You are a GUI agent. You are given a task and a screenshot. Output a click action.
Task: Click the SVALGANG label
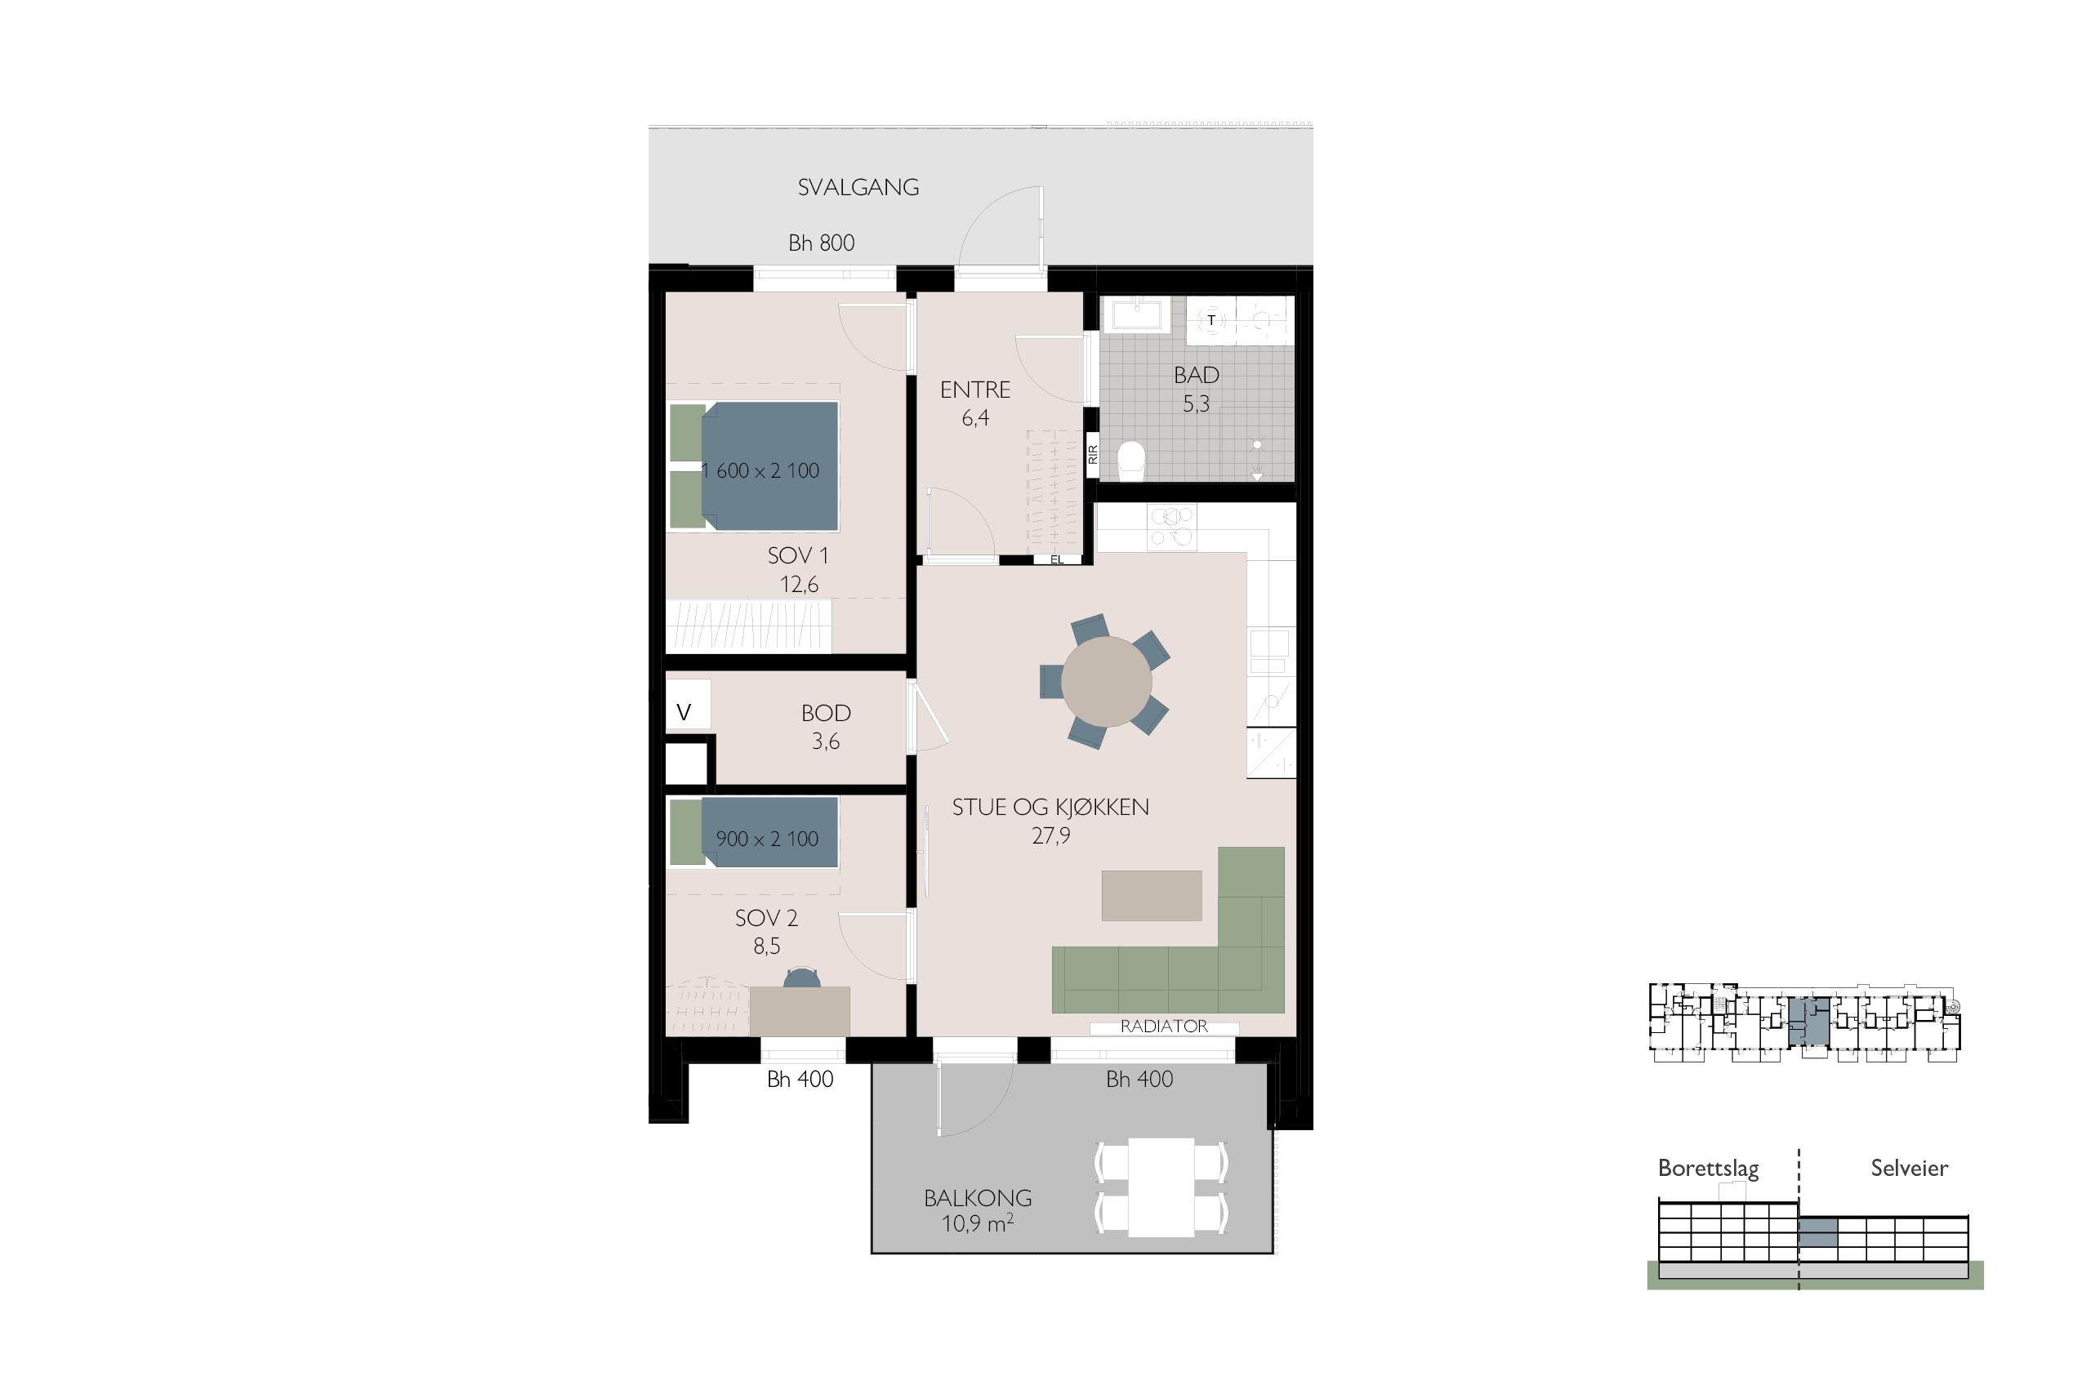858,188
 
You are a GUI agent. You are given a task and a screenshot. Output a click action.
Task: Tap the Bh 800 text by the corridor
822,243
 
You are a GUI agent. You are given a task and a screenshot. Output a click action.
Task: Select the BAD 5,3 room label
1196,390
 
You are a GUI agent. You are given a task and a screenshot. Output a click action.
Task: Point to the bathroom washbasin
1133,315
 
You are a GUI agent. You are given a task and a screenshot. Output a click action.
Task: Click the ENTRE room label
975,390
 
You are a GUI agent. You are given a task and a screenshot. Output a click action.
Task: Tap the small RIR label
1094,454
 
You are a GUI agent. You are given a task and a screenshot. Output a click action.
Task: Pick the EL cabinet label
1057,560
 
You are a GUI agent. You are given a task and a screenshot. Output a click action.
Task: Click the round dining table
1106,682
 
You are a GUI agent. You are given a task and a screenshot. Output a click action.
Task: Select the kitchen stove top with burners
1172,526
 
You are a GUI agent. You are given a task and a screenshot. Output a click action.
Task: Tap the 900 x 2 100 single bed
754,832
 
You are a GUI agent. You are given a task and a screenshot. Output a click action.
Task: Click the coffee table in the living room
1152,895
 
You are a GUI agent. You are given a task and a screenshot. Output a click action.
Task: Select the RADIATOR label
1164,1026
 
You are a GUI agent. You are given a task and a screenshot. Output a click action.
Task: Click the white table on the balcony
1161,1187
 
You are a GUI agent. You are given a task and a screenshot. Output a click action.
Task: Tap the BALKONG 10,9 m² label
978,1211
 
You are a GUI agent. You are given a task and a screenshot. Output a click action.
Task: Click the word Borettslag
1708,1168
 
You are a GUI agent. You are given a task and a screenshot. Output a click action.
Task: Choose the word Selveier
1909,1168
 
